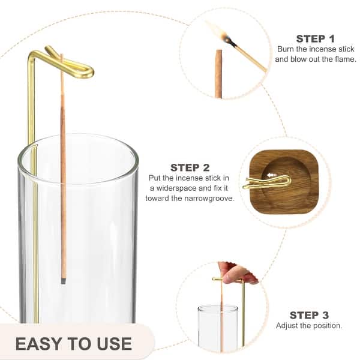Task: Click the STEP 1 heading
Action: [x=315, y=39]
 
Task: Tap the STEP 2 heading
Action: [x=190, y=168]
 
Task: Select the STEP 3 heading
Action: [x=309, y=315]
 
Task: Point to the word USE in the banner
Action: [x=115, y=344]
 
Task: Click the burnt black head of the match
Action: [x=230, y=42]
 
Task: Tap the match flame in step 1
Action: [x=216, y=32]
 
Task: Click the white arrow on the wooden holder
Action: [x=272, y=176]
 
